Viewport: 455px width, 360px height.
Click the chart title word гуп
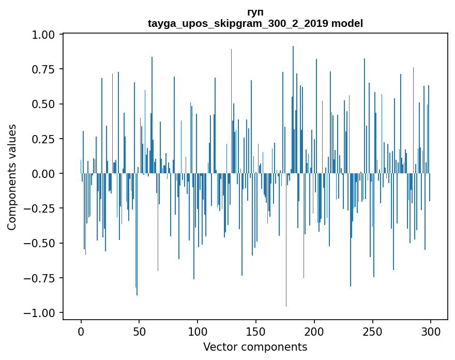pos(255,12)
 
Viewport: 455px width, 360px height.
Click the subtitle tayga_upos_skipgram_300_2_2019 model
pos(255,23)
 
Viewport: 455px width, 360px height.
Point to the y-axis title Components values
pos(12,177)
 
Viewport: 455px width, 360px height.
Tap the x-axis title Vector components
pos(255,347)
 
